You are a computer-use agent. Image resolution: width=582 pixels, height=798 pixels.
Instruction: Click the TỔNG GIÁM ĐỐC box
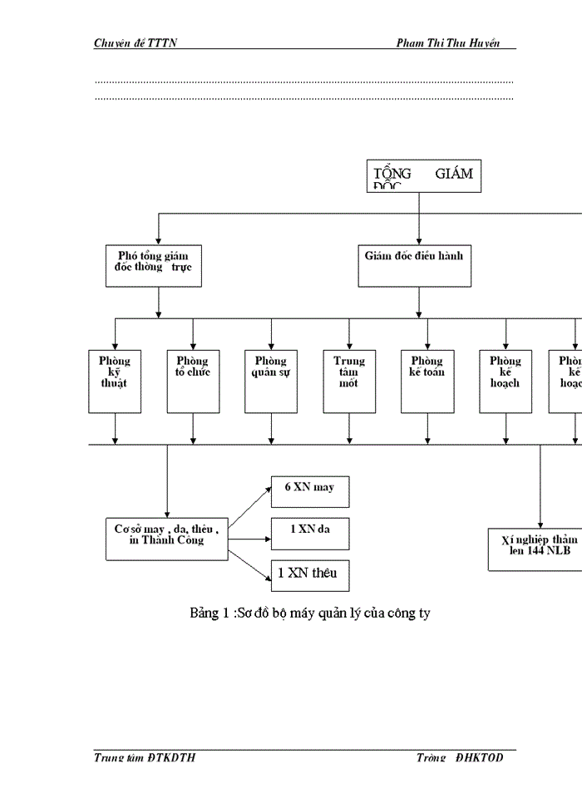424,175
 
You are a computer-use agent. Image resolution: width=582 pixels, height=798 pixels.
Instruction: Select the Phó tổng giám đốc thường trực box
154,265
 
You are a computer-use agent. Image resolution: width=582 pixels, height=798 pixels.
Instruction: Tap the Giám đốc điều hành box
415,265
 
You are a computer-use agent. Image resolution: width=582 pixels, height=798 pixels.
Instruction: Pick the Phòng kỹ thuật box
115,382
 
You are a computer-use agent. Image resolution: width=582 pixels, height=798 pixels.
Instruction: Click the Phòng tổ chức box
193,382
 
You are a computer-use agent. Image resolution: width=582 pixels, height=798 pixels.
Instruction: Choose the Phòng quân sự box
271,382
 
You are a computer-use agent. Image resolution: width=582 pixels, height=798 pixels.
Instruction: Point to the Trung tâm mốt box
349,382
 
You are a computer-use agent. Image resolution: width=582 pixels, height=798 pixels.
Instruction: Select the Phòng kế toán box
427,382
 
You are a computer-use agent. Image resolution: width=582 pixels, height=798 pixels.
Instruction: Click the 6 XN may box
310,491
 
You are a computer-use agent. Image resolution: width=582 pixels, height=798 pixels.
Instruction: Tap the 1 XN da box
310,533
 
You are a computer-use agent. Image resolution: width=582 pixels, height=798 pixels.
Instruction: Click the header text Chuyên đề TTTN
135,43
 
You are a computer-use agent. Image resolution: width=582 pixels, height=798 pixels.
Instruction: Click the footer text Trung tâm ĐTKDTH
145,758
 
